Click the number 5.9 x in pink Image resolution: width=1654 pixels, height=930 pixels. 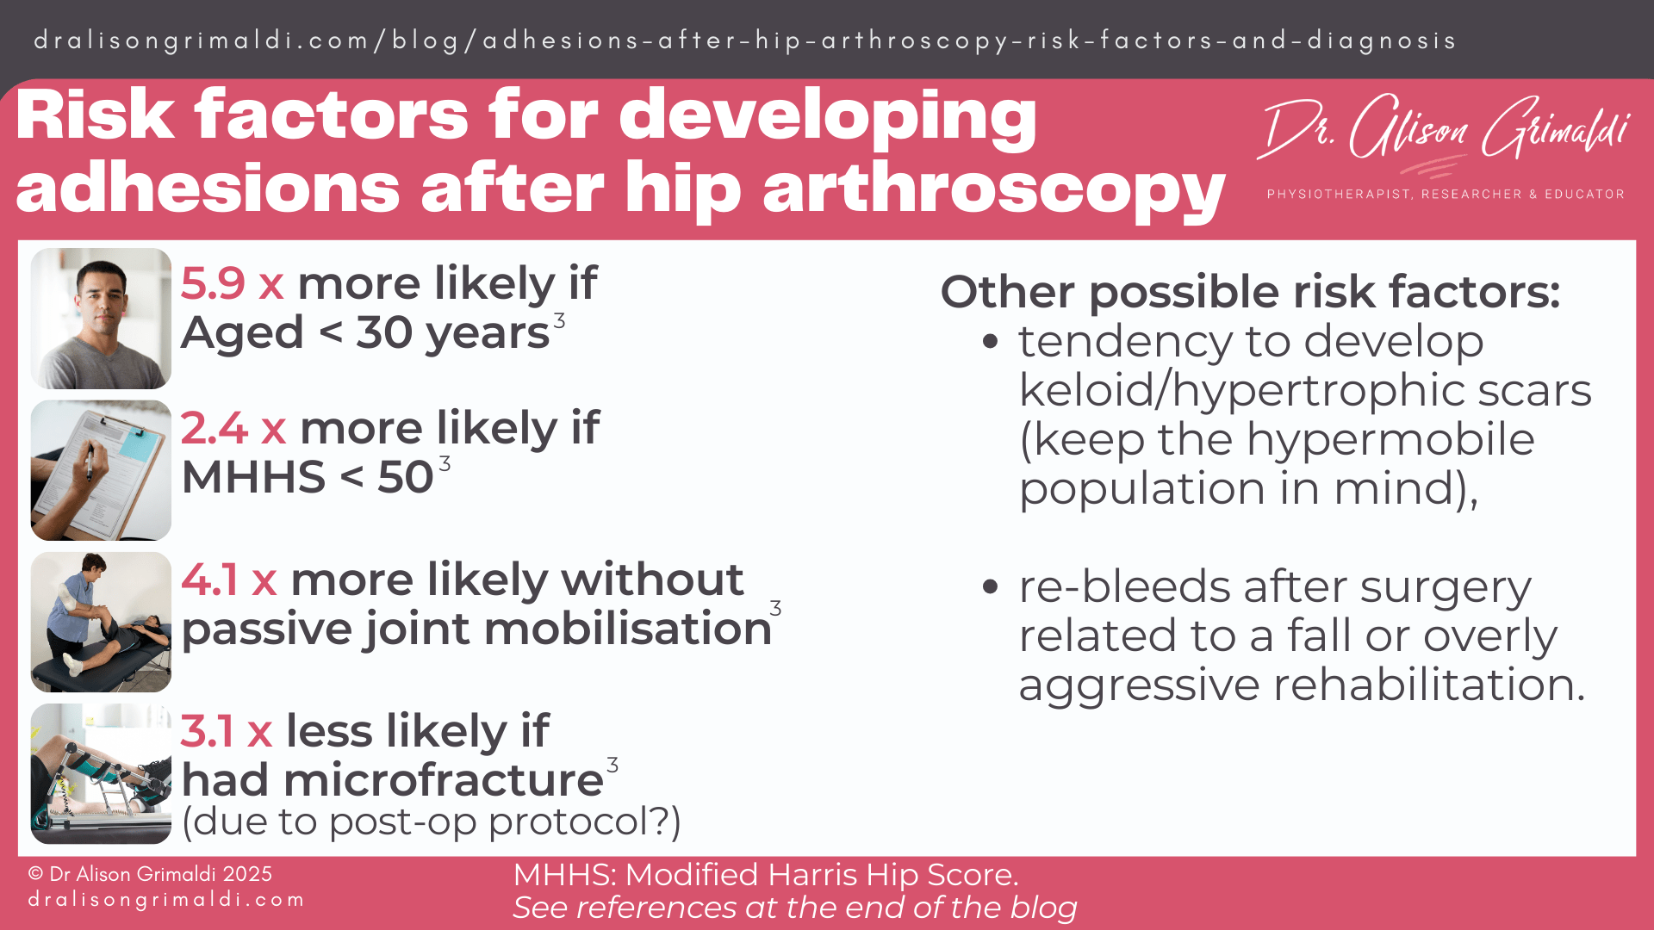click(x=231, y=283)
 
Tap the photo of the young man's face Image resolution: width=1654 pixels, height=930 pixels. click(x=101, y=318)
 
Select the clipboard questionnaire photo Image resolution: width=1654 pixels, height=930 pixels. click(x=101, y=470)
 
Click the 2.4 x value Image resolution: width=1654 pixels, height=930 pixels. click(x=233, y=428)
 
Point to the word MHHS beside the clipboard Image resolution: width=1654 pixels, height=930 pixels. click(x=253, y=477)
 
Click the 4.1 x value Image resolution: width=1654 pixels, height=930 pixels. click(x=228, y=580)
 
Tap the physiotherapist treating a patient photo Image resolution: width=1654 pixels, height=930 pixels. click(x=101, y=622)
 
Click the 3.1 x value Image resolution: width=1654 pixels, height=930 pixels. click(x=226, y=731)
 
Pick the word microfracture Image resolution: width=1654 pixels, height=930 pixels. click(x=443, y=780)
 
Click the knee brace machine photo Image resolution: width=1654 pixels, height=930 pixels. click(x=101, y=773)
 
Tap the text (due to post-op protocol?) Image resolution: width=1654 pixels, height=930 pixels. click(x=431, y=821)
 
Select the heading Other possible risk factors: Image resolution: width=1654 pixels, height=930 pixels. click(x=1249, y=292)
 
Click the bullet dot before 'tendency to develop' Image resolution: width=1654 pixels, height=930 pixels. click(x=990, y=342)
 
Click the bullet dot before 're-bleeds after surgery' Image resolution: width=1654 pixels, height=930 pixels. click(x=990, y=587)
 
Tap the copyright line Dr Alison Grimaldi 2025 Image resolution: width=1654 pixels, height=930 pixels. click(x=150, y=874)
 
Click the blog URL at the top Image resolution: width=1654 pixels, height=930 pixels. click(x=744, y=40)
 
